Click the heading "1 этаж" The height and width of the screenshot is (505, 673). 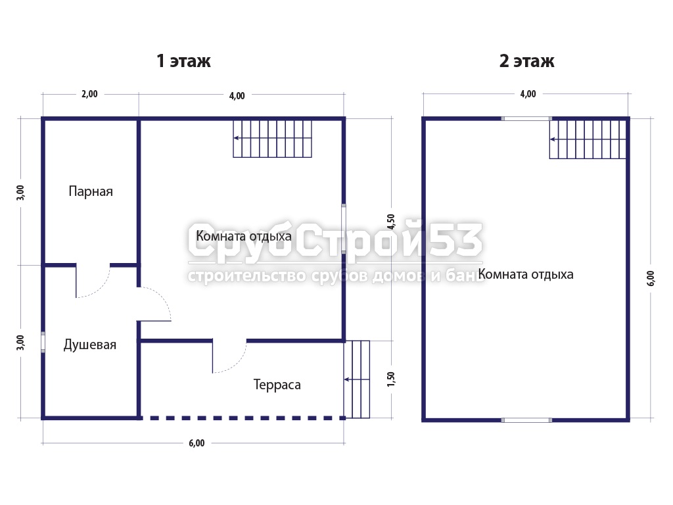[184, 61]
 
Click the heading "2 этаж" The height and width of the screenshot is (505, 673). [526, 61]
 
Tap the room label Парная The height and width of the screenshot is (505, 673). [91, 191]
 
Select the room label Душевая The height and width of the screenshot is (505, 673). [89, 345]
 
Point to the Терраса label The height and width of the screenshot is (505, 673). [277, 385]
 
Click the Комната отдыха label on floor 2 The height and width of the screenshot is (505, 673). [526, 274]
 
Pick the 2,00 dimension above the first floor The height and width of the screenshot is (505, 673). [89, 94]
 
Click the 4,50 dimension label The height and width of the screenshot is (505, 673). [390, 222]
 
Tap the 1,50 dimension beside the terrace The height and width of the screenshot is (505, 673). [390, 379]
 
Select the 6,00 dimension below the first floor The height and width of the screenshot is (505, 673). [197, 443]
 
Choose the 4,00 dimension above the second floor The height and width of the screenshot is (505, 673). [528, 94]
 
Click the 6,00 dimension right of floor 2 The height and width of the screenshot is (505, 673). [651, 278]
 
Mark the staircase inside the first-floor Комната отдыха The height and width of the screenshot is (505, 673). [273, 139]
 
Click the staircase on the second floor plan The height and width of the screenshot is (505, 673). [588, 139]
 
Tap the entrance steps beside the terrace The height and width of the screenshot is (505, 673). [357, 379]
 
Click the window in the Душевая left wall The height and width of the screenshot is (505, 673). [43, 342]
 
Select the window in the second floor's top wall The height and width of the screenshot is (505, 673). [526, 118]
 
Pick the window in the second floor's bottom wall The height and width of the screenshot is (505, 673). [526, 420]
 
